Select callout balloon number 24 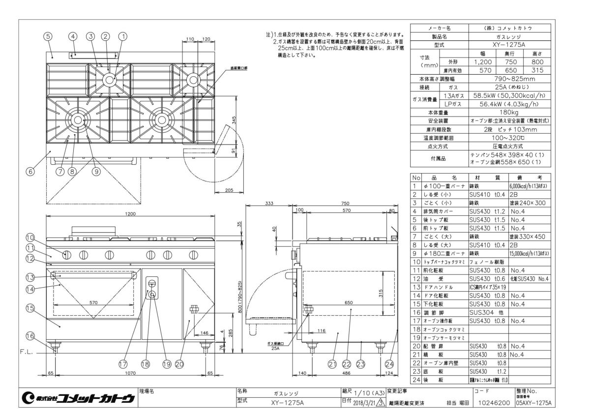(x=389, y=364)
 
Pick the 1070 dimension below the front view (x=130, y=374)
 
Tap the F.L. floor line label (x=27, y=352)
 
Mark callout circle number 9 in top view (x=96, y=172)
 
